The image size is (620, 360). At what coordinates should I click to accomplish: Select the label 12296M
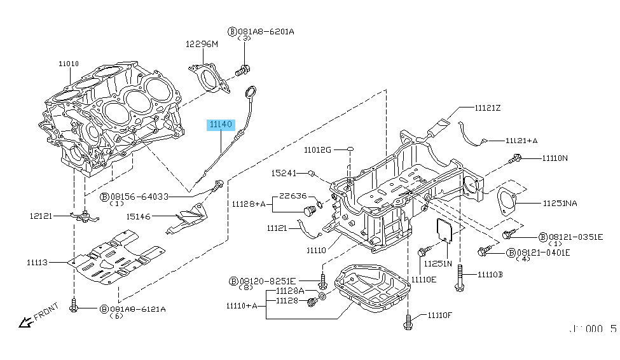click(x=201, y=44)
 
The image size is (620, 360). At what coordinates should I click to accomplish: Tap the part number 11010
click(x=69, y=64)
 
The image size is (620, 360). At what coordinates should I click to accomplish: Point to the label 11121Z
click(x=488, y=109)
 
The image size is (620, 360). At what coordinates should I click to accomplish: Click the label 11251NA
click(x=560, y=204)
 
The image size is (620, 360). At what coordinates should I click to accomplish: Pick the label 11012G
click(x=317, y=150)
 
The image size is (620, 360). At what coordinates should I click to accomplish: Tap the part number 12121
click(x=39, y=216)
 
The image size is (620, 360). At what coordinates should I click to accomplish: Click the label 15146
click(x=138, y=217)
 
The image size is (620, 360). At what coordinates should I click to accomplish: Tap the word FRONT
click(x=47, y=314)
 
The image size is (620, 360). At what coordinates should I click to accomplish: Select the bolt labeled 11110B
click(x=458, y=280)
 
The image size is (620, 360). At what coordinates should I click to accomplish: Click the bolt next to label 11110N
click(x=516, y=158)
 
